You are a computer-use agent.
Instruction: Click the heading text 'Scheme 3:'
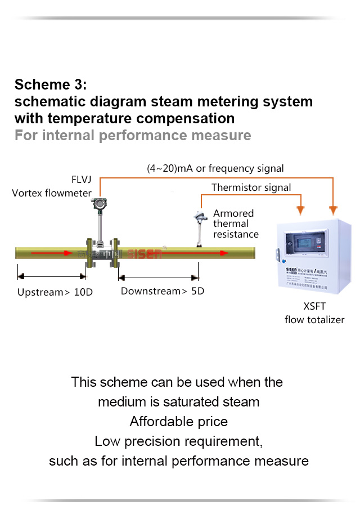tap(51, 85)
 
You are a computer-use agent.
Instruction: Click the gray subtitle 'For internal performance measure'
tap(133, 136)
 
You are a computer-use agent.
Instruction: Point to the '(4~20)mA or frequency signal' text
tap(215, 168)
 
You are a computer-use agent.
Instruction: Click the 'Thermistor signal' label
tap(251, 187)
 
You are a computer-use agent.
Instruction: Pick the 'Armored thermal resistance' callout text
tap(236, 224)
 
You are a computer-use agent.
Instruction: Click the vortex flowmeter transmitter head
tap(101, 207)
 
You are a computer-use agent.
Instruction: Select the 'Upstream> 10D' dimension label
tap(51, 293)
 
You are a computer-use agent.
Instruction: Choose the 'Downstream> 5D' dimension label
tap(163, 291)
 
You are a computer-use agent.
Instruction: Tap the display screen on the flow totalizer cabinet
tap(308, 246)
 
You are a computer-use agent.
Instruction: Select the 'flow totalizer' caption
tap(314, 320)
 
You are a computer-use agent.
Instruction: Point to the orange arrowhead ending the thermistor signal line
tap(301, 210)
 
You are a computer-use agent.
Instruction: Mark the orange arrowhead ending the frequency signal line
tap(334, 210)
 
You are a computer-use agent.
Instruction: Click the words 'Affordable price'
tap(179, 422)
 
